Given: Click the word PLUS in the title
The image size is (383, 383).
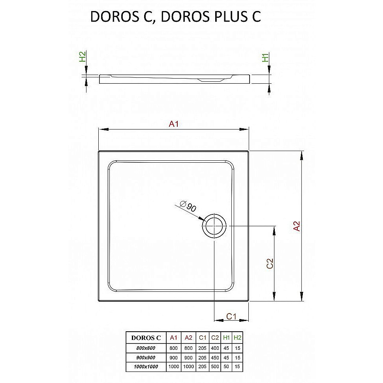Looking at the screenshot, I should point(227,17).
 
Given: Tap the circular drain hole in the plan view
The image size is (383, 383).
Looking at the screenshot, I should point(214,226).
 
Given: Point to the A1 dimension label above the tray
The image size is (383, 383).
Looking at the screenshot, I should point(174,124).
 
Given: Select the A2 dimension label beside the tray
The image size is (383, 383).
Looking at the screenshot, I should point(297,226).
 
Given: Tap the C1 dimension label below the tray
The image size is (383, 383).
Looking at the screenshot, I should point(231,316).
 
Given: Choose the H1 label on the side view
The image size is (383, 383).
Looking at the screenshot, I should point(266,58).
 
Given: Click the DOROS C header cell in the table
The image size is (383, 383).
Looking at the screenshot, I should point(146,338).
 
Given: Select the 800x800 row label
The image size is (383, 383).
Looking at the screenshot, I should point(146,348).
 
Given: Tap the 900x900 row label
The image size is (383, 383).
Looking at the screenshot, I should point(146,358).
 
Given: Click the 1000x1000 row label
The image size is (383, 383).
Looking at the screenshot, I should point(146,367).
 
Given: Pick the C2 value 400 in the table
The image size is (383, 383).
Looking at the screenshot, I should point(215,348).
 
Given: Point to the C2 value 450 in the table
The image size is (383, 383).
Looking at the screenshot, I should point(215,358).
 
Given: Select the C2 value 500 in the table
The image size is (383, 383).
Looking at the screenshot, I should point(215,367).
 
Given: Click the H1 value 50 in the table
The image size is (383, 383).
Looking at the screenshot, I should point(227,367).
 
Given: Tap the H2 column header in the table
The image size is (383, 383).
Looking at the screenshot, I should point(237,338).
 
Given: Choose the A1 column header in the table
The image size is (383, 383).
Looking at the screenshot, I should point(173,338).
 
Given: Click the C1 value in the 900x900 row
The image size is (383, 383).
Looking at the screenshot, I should point(203,358).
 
